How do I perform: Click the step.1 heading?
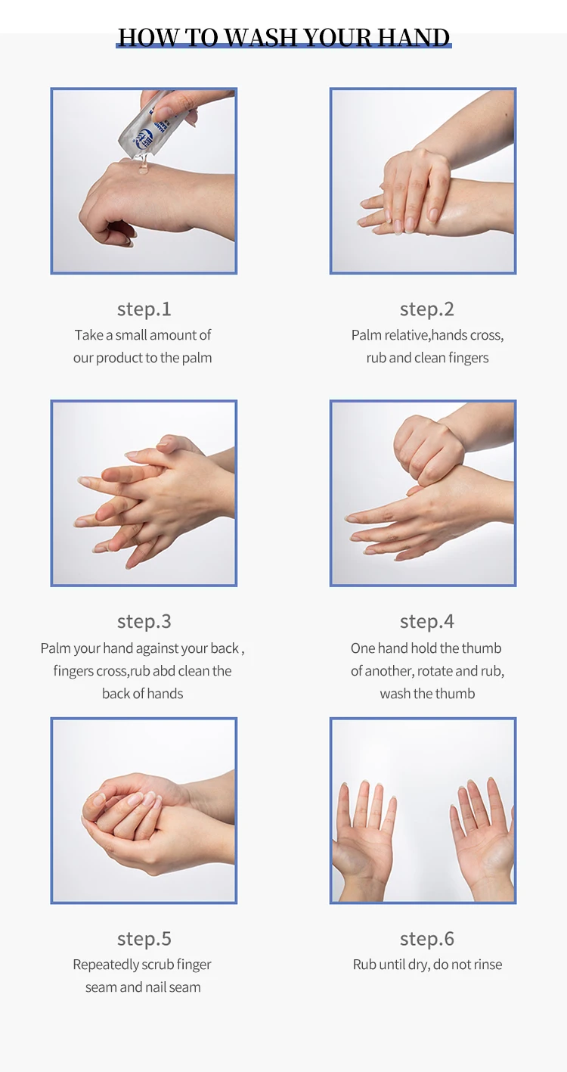point(144,309)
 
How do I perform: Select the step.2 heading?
point(427,309)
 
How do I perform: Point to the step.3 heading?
point(144,622)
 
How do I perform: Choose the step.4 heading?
point(427,622)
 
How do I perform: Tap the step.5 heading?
point(144,939)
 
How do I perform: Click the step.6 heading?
point(427,939)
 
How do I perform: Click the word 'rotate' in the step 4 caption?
point(435,671)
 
